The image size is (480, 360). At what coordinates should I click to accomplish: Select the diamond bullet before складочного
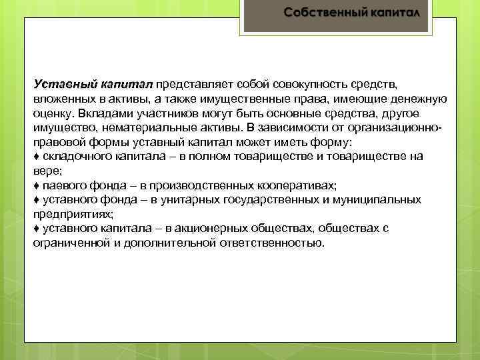[36, 156]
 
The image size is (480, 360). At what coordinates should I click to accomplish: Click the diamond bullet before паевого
[36, 185]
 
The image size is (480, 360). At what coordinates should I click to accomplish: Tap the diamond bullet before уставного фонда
[36, 199]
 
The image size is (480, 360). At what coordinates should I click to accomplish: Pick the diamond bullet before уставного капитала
[36, 228]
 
